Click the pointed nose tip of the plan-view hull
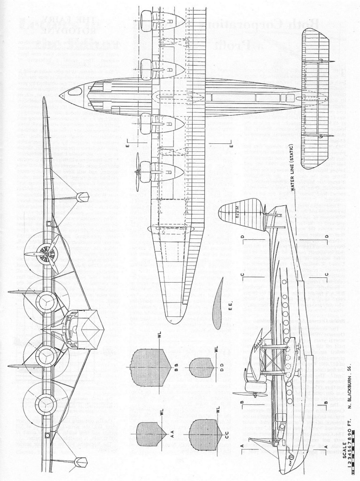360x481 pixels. pos(62,95)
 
